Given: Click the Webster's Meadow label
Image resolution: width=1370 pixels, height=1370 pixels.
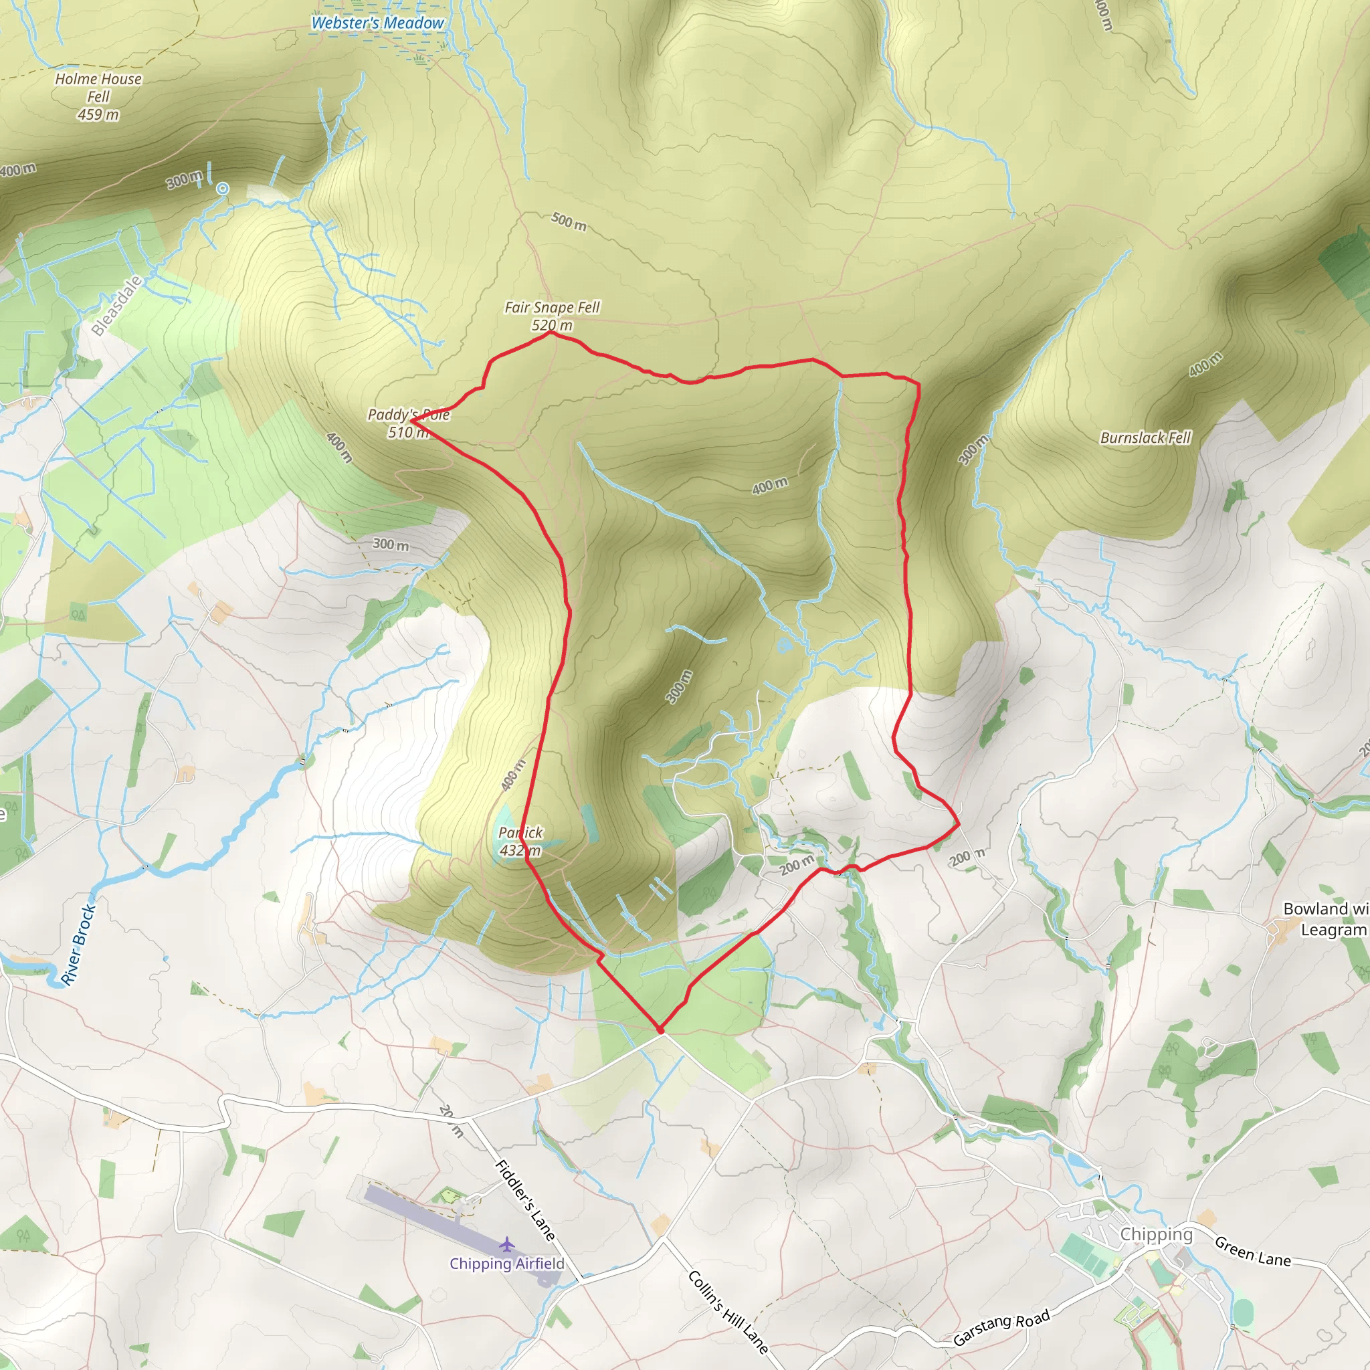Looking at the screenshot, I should tap(377, 23).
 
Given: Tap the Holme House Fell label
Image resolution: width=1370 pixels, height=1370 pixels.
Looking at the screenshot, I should tap(98, 96).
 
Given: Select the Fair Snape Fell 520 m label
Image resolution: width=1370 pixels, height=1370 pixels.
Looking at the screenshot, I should tap(552, 316).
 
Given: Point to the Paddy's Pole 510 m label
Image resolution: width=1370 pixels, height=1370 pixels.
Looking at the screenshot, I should tap(409, 423).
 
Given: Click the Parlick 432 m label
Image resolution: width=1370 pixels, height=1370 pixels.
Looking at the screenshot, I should tap(520, 841).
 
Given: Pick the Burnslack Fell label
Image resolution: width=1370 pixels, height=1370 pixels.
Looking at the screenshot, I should tap(1145, 437).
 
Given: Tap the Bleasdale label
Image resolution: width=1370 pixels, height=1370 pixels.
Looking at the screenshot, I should tap(117, 306).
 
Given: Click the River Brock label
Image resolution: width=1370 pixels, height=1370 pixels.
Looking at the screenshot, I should tap(78, 945).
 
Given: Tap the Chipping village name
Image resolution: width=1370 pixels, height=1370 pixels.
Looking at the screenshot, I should tap(1156, 1234).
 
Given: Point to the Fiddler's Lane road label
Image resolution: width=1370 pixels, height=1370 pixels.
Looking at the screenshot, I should tap(524, 1200).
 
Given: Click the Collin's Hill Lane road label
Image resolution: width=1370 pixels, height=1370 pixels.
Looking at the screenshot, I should tap(728, 1311).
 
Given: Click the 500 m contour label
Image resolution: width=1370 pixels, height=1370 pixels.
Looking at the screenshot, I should tap(569, 221).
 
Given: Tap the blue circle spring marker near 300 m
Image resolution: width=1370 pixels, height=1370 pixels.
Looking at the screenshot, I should tap(223, 188).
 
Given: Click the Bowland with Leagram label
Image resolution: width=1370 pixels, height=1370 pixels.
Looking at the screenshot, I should tap(1325, 919).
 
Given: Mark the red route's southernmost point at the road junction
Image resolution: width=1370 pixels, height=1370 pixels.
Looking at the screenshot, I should tap(660, 1030).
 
